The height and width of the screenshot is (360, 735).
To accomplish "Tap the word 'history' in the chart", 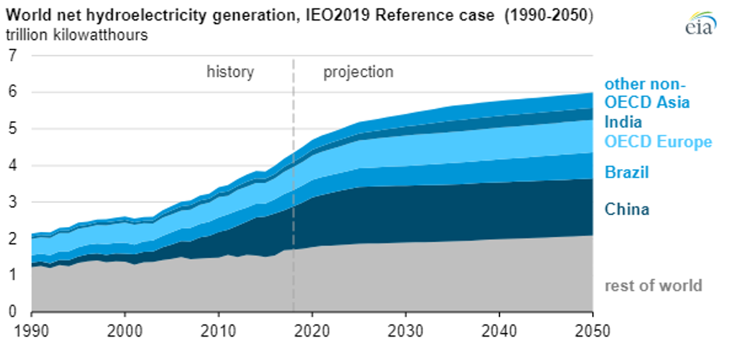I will (x=230, y=72).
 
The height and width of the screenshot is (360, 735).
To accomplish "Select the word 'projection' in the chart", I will (x=358, y=72).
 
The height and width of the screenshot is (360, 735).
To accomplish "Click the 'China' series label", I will (x=626, y=209).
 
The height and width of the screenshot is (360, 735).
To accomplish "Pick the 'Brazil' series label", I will (x=626, y=172).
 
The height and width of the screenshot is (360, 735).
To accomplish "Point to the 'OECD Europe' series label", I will (x=657, y=141).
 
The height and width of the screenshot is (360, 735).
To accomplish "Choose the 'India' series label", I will (x=623, y=122).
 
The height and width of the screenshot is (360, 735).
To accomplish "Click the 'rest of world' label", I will (x=653, y=285).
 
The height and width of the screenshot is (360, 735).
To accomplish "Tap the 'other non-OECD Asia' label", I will (x=647, y=93).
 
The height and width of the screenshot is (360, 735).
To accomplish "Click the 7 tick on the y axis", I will (x=12, y=55).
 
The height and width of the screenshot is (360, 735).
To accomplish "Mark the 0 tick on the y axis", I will (x=12, y=312).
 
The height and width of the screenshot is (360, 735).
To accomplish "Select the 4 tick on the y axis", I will (x=12, y=166).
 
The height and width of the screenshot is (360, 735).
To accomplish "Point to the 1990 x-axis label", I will (x=31, y=330).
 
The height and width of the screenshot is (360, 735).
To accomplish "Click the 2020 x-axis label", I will (x=312, y=330).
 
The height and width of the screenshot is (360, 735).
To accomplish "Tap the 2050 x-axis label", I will (x=593, y=330).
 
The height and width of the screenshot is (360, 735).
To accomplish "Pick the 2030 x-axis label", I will (x=405, y=330).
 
